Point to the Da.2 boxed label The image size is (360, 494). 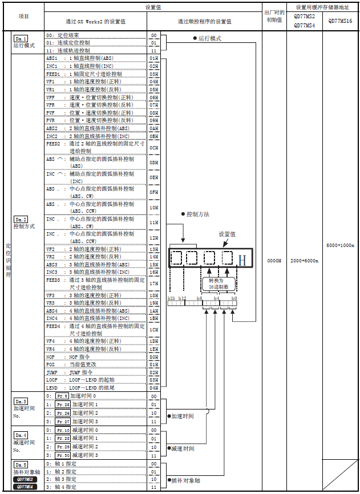(21, 219)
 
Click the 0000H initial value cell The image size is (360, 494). (274, 260)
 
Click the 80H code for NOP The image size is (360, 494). (153, 357)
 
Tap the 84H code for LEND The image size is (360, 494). (153, 387)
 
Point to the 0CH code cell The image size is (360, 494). (153, 148)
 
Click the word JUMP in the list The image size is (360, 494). (52, 372)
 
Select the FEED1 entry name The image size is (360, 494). (53, 74)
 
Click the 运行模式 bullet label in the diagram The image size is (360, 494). (209, 39)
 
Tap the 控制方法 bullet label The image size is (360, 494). (196, 214)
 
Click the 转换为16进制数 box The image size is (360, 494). (219, 283)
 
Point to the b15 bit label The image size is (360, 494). (171, 298)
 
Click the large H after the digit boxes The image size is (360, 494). (242, 261)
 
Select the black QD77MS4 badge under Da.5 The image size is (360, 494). (24, 487)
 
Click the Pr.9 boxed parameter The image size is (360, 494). (62, 395)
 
